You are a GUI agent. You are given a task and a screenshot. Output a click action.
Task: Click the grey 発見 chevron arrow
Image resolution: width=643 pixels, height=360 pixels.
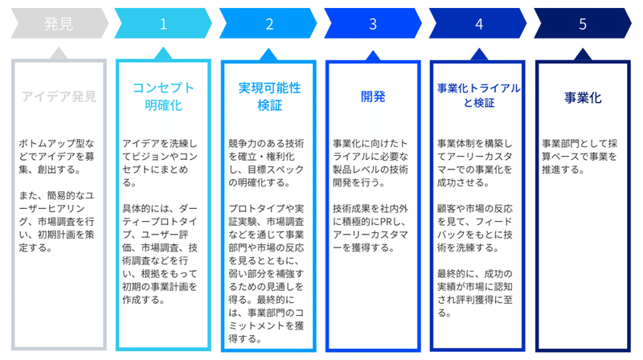59,23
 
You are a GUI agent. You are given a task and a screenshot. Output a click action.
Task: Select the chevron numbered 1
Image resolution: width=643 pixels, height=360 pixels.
163,23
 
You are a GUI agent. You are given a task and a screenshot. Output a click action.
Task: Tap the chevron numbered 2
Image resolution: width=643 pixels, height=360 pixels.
268,23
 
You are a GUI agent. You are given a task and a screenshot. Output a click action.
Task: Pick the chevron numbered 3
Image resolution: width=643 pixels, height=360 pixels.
373,23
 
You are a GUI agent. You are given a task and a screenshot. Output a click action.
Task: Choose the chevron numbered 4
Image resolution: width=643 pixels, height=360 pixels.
477,23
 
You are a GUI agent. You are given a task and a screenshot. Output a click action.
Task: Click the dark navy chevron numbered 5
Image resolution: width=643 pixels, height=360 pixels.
582,23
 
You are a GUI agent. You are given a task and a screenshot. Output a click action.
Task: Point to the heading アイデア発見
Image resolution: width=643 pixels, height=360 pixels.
59,96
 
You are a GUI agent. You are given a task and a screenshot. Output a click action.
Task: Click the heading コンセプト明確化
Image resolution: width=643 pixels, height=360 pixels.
163,96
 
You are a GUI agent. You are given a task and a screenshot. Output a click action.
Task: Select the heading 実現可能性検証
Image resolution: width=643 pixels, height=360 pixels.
269,96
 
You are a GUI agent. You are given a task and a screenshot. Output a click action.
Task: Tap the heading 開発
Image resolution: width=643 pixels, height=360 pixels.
373,96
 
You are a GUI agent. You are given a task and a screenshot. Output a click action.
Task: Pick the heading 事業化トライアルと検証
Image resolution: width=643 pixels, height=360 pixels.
478,95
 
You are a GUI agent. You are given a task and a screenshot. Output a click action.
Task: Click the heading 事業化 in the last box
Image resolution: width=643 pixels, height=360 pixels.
583,97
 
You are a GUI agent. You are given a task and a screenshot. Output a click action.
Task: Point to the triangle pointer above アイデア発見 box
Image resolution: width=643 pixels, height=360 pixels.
59,53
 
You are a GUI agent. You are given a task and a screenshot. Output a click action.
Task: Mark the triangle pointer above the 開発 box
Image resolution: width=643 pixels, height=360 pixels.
373,56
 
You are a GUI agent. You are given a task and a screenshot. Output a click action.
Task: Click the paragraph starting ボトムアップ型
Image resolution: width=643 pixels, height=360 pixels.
56,156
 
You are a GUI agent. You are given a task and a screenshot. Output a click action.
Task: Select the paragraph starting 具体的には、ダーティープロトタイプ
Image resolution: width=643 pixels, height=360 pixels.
160,254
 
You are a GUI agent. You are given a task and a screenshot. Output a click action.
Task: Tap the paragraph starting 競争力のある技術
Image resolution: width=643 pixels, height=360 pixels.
266,163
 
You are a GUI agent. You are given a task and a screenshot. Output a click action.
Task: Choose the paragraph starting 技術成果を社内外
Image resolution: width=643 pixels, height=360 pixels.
371,228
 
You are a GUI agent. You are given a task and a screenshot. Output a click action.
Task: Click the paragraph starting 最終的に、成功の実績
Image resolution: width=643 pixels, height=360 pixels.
474,293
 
